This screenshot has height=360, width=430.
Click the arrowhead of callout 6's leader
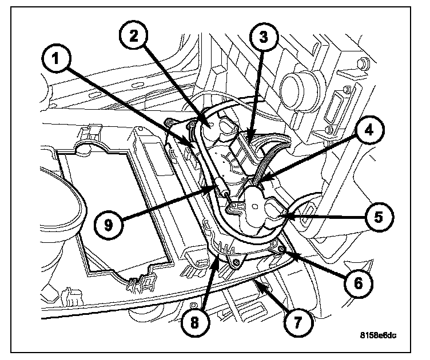[x=281, y=250]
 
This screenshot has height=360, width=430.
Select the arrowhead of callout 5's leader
[x=284, y=216]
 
